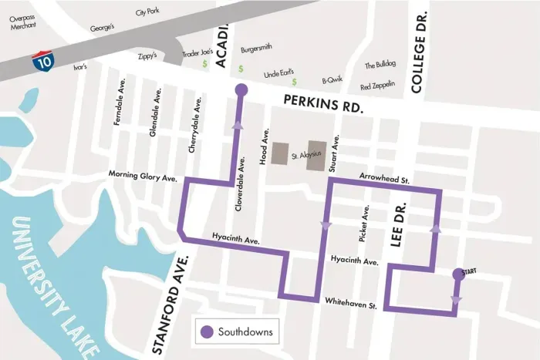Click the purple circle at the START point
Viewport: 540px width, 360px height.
pyautogui.click(x=457, y=273)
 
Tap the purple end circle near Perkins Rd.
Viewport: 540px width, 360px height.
pyautogui.click(x=240, y=90)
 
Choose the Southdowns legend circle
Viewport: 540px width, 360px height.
pyautogui.click(x=207, y=332)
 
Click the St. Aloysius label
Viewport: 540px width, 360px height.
pyautogui.click(x=305, y=156)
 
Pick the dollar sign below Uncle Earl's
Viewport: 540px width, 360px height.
pyautogui.click(x=294, y=82)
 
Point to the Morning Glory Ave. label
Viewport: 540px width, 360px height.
pyautogui.click(x=143, y=176)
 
